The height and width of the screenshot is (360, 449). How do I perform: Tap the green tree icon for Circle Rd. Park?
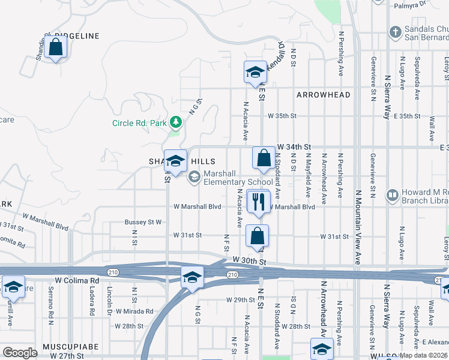(x=175, y=123)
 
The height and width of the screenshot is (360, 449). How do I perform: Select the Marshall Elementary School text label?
(x=238, y=178)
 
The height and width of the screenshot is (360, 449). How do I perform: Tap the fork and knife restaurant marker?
(x=259, y=202)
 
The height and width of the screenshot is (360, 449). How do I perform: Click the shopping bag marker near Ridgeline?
(x=55, y=47)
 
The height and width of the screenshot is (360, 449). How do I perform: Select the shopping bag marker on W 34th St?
(x=264, y=160)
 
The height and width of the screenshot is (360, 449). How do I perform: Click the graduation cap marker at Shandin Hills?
(x=175, y=161)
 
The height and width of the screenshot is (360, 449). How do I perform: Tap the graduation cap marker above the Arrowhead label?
(x=255, y=73)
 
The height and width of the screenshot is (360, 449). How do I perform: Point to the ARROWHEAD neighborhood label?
(x=323, y=95)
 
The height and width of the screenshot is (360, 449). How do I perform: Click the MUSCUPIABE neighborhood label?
(x=66, y=348)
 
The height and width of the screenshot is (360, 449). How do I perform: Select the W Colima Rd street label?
(x=77, y=280)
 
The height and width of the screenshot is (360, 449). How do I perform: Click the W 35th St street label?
(x=283, y=115)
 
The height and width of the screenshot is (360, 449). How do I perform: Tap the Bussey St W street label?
(x=143, y=222)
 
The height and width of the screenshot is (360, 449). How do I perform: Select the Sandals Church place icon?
(x=395, y=31)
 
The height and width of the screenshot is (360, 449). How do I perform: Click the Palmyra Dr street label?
(x=409, y=6)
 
